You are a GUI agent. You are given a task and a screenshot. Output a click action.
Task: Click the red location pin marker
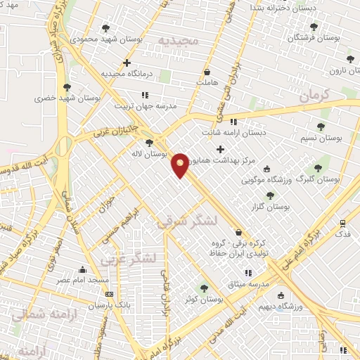point(181,165)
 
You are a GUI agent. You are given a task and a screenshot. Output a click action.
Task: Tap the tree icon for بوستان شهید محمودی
point(105,29)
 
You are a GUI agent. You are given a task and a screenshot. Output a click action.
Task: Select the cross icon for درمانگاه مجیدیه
point(127,63)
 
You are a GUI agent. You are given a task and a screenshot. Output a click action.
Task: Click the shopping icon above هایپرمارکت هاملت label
point(207,72)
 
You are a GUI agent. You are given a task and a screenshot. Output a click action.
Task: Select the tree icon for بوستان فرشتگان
point(314,26)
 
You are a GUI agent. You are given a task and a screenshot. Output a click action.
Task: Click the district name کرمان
point(314,96)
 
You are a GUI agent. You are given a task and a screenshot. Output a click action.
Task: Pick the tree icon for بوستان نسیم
point(321,127)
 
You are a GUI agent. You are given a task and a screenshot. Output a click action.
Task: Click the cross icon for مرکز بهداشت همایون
point(220,149)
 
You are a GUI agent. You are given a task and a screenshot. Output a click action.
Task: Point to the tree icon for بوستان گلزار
point(271,195)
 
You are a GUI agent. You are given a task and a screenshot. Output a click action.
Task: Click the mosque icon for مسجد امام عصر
point(83,269)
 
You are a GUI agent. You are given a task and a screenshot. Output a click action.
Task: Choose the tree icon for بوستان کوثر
point(204,288)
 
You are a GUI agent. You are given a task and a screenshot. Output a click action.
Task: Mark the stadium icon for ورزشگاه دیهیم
point(281,295)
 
